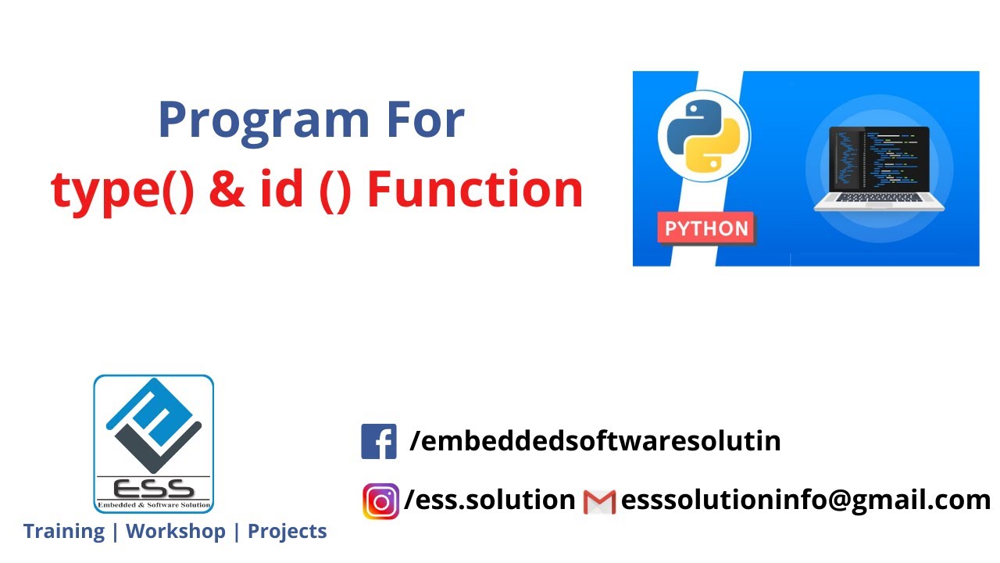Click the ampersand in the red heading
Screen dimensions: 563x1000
[x=227, y=189]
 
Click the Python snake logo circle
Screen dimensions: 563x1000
[x=703, y=137]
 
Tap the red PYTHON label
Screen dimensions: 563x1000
[x=706, y=229]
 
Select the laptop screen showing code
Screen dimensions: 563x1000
[x=879, y=164]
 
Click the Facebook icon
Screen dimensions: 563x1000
[x=379, y=441]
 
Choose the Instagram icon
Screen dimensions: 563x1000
[x=380, y=501]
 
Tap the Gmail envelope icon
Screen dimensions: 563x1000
[x=600, y=501]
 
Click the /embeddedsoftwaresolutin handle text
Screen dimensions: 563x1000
[x=595, y=441]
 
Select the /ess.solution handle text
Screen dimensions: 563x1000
[x=490, y=500]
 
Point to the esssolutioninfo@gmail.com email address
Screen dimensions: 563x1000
[x=805, y=500]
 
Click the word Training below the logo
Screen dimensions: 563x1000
[x=64, y=532]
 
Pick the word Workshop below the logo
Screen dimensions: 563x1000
[x=176, y=532]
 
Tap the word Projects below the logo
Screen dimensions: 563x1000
[x=287, y=532]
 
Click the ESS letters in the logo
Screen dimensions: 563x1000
[x=154, y=488]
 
